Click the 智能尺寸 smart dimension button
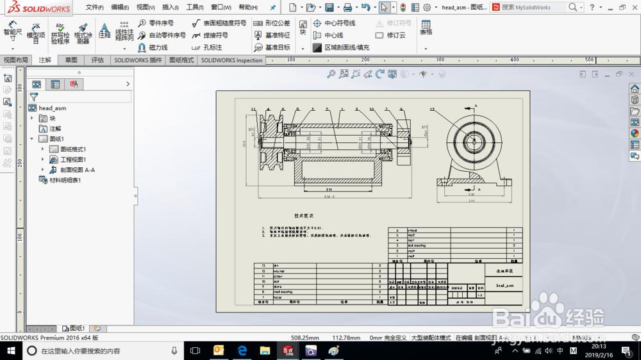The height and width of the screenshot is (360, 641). (12, 31)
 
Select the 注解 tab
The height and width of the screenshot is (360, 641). (45, 60)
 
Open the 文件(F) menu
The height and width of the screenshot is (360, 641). (94, 8)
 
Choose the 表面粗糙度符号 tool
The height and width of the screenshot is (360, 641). (219, 23)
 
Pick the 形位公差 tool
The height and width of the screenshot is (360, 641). (272, 23)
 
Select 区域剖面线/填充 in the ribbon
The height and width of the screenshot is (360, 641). (341, 47)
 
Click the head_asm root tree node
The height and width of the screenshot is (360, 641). (52, 108)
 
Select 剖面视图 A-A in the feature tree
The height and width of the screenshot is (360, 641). (77, 170)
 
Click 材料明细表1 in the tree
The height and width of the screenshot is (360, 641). (65, 180)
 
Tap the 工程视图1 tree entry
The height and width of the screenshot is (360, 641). (72, 160)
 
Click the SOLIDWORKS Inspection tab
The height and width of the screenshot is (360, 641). (231, 60)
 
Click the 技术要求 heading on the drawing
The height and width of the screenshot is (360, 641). (304, 216)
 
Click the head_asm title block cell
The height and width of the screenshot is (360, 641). (504, 285)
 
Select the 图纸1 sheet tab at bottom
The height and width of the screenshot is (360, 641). (76, 329)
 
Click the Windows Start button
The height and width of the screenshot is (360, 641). (11, 350)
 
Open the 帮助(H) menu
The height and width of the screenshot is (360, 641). (247, 8)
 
